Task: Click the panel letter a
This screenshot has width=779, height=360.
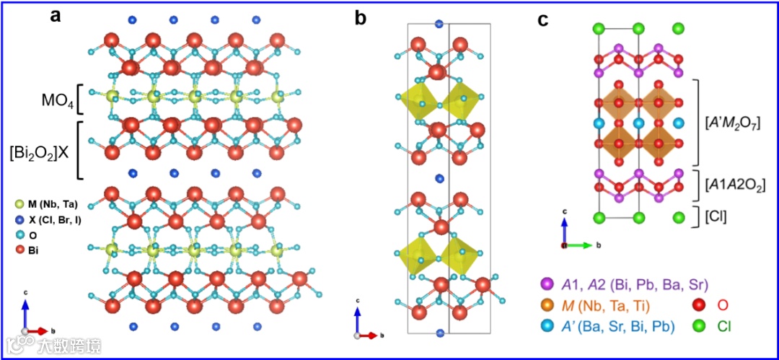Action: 55,16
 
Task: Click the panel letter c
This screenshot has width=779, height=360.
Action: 546,19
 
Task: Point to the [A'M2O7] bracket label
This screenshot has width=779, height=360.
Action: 736,121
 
